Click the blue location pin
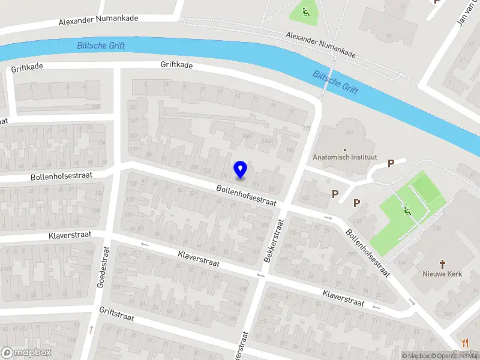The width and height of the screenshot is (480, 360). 240,170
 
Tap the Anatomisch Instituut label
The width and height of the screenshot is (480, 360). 344,158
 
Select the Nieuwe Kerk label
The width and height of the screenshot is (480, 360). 443,274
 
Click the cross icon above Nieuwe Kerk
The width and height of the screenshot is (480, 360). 443,263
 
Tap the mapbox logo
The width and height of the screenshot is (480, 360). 26,353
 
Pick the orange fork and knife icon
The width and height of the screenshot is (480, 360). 465,343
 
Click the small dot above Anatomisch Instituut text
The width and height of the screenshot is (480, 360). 344,149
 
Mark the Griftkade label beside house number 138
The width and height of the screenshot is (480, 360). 27,68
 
